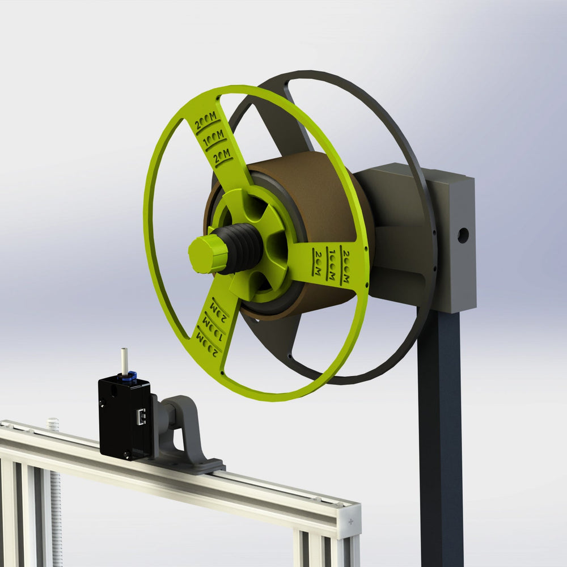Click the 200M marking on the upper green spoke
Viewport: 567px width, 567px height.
[205, 121]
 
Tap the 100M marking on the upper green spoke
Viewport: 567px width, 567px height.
[214, 138]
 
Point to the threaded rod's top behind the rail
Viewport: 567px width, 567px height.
[53, 423]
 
